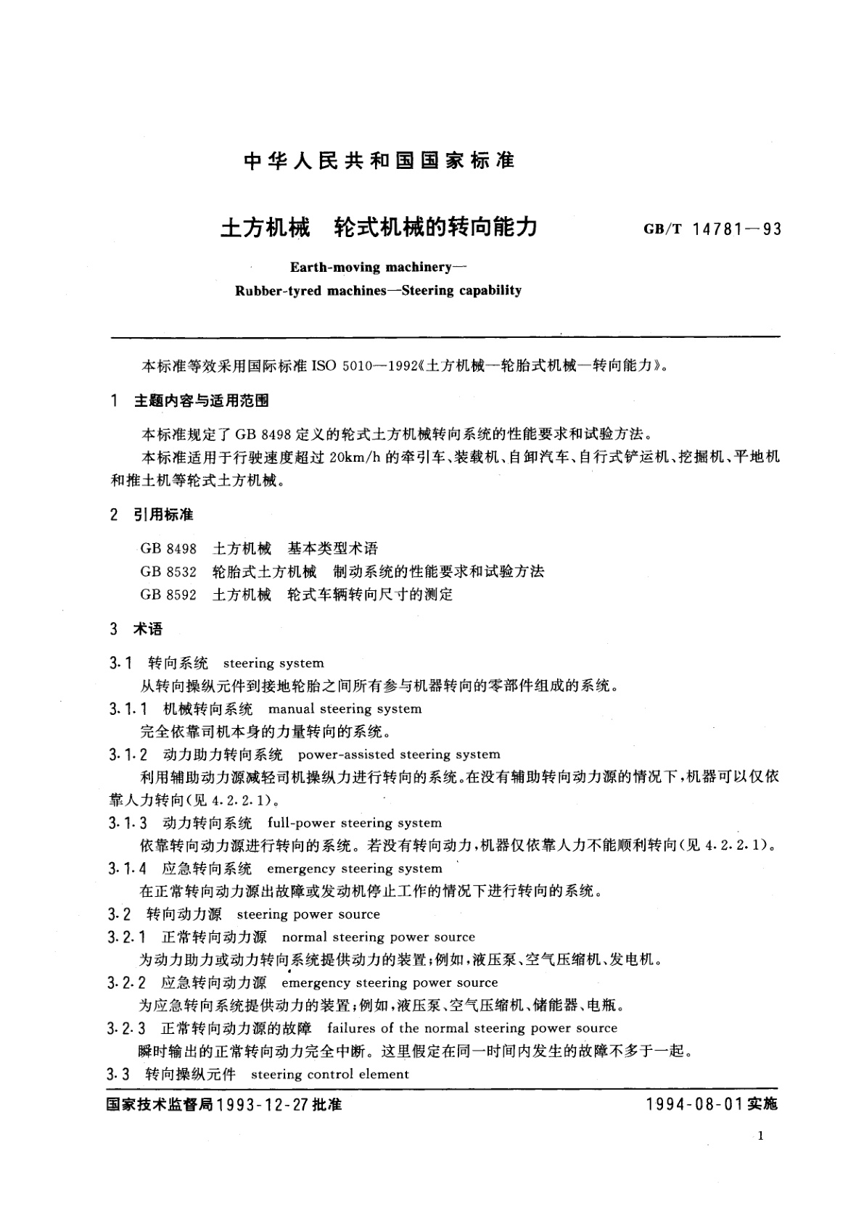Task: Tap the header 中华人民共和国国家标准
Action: tap(379, 160)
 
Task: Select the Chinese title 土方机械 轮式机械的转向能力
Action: tap(378, 228)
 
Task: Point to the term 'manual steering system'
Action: tap(345, 708)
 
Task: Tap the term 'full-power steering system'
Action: tap(355, 823)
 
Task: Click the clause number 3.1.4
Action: tap(128, 869)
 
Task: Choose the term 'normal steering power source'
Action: tap(378, 937)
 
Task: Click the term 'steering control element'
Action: tap(330, 1074)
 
